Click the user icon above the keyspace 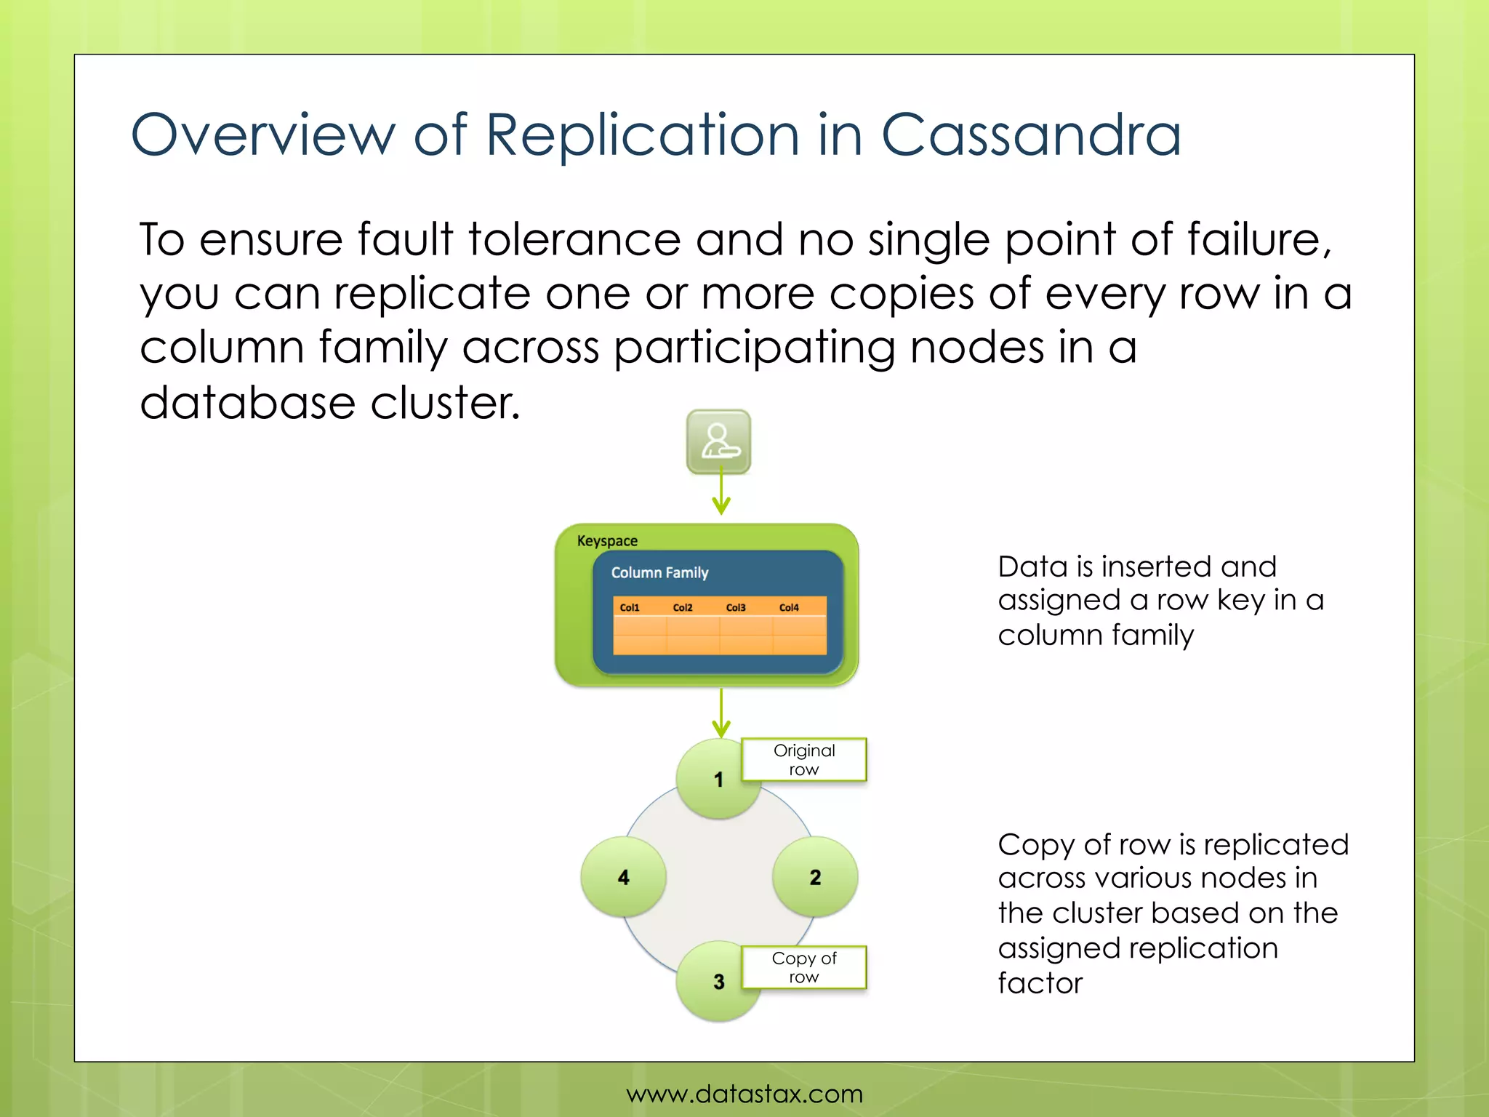click(x=718, y=441)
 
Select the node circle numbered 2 click(x=815, y=877)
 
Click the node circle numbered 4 click(x=623, y=877)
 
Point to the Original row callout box click(x=803, y=759)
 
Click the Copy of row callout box click(x=803, y=967)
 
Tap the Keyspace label click(x=607, y=541)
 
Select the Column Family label click(x=659, y=572)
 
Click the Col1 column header click(x=630, y=607)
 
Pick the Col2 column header click(x=683, y=607)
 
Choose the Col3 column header click(x=736, y=607)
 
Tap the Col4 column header click(x=789, y=607)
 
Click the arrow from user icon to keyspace click(x=721, y=493)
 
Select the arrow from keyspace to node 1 click(x=721, y=713)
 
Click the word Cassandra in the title click(x=1031, y=135)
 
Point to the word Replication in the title click(x=643, y=135)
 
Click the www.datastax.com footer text click(x=744, y=1094)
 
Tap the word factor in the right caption click(x=1040, y=983)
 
